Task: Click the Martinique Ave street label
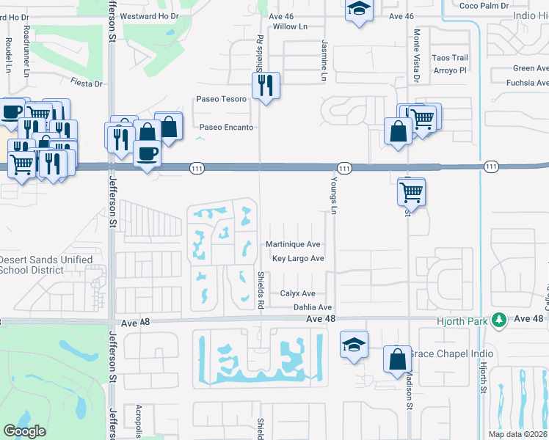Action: [x=293, y=244]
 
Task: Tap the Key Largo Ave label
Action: [x=298, y=259]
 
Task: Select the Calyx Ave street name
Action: [x=297, y=293]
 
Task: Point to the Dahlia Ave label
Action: [x=313, y=307]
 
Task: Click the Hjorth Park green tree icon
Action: [x=500, y=320]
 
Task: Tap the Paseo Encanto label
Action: [x=227, y=128]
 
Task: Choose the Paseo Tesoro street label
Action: [x=220, y=100]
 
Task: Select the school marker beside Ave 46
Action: [x=358, y=10]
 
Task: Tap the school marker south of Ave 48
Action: [x=353, y=345]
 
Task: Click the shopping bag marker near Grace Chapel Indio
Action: [x=397, y=359]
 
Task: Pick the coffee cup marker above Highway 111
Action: [x=148, y=153]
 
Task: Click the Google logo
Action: [x=25, y=430]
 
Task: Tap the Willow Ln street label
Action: [x=289, y=26]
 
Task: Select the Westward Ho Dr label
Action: [x=149, y=15]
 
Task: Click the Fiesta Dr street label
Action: [x=87, y=84]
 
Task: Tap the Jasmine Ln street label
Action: [x=323, y=60]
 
